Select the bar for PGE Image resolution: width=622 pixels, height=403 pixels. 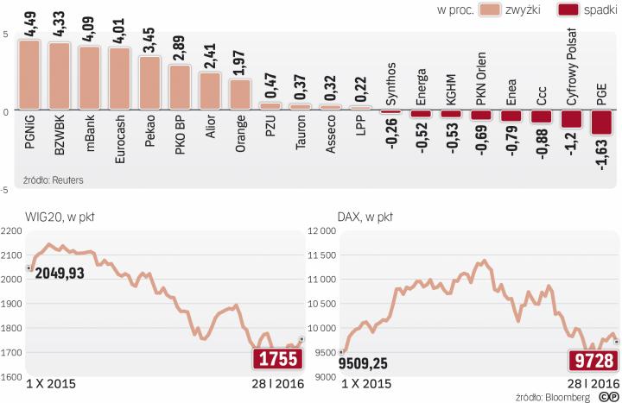pyautogui.click(x=601, y=123)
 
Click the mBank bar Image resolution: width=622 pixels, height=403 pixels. pyautogui.click(x=89, y=79)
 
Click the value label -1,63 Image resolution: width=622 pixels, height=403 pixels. pyautogui.click(x=602, y=156)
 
